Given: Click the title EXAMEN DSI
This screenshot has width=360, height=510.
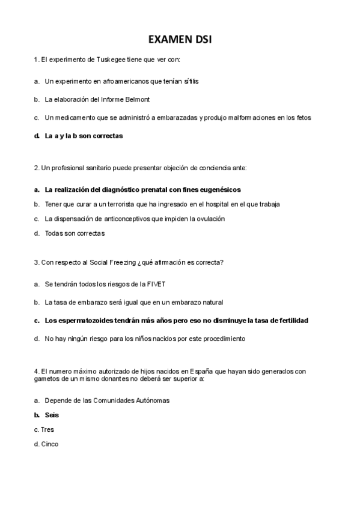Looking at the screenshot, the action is (180, 40).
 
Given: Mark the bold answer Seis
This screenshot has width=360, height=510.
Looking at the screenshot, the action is (52, 415).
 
